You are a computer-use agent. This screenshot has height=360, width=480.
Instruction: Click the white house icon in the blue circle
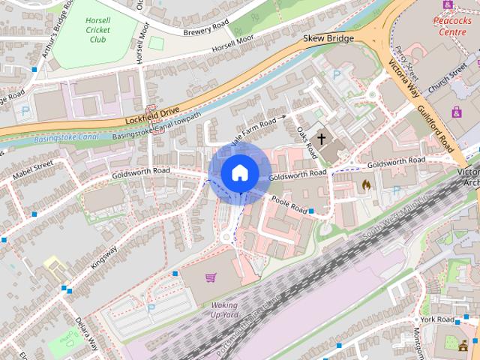point(239,173)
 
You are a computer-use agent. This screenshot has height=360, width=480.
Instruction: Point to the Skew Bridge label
point(328,37)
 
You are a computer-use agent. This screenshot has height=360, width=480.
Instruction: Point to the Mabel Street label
point(33,171)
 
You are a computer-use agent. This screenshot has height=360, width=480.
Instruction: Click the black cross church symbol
point(322,139)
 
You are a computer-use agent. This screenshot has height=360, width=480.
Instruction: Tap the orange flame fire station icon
point(366,184)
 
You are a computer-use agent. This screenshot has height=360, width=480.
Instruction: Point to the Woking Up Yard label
point(223,310)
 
